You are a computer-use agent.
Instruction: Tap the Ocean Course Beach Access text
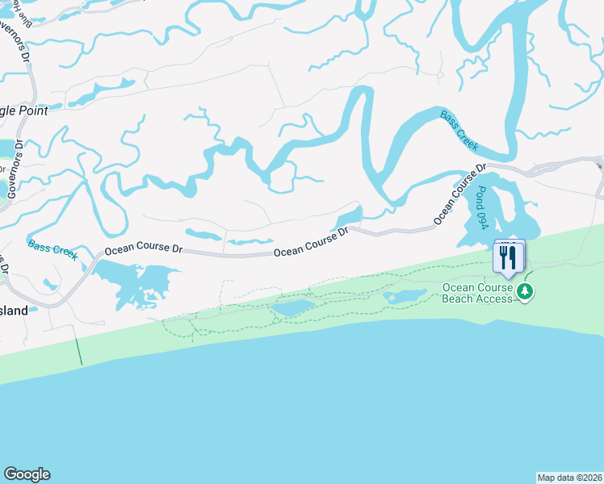(477, 293)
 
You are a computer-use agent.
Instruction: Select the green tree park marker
(526, 291)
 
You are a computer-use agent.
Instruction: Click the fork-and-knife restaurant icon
(509, 257)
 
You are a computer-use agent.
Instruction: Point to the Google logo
(27, 474)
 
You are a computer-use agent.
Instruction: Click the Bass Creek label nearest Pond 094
(459, 131)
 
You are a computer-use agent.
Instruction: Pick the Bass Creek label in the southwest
(52, 250)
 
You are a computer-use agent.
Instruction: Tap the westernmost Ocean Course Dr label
(143, 247)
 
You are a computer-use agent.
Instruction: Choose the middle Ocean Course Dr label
(311, 243)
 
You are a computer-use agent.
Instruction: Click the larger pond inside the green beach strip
(294, 308)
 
